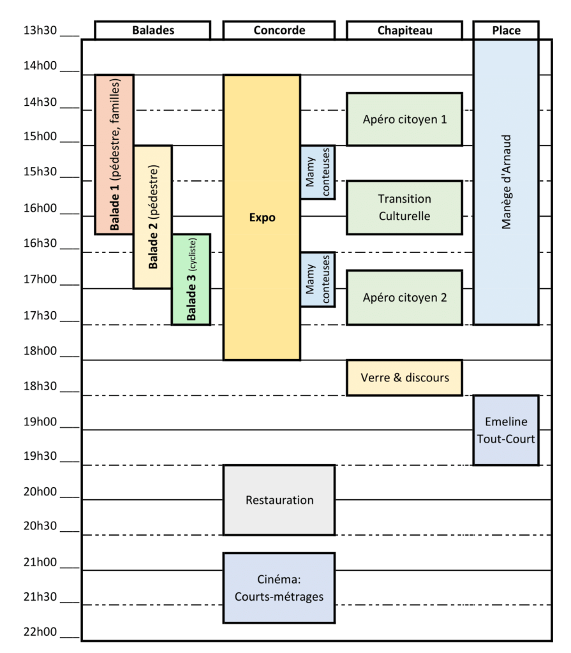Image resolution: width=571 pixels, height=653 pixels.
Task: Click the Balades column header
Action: (x=152, y=31)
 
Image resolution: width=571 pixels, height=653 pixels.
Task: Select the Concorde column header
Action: (x=279, y=31)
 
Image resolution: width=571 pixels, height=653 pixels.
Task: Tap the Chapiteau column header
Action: (x=404, y=31)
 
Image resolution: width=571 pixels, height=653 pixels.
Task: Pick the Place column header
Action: (x=506, y=31)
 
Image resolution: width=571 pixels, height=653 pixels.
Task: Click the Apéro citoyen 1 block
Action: (x=404, y=119)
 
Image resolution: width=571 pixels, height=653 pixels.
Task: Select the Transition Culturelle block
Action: (x=404, y=207)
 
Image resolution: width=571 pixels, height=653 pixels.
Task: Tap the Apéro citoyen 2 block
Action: (x=404, y=297)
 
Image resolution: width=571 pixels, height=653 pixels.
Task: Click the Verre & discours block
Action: (x=404, y=378)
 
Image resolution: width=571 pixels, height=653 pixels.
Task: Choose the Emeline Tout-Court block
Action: (x=506, y=430)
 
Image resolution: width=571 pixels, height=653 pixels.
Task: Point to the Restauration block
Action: (x=279, y=500)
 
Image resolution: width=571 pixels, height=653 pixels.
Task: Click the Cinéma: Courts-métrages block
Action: (x=279, y=588)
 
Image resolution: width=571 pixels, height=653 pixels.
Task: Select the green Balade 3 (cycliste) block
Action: (x=191, y=279)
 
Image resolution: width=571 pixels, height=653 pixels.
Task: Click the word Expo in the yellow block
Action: (x=262, y=217)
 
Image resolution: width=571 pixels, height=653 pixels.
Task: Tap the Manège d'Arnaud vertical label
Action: (x=506, y=182)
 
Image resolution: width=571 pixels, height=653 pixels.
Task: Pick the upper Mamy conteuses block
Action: (x=318, y=172)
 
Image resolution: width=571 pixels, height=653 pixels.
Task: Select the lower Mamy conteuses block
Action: (x=318, y=279)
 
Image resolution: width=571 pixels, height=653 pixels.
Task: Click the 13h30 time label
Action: (x=40, y=31)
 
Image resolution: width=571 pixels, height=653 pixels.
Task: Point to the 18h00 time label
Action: (x=40, y=351)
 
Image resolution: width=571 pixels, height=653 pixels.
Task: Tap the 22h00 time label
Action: (x=40, y=632)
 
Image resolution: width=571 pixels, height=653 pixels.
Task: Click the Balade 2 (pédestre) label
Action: (x=153, y=217)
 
